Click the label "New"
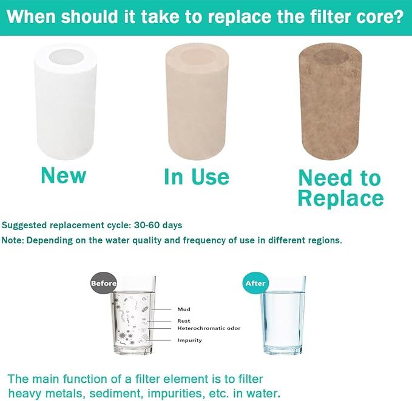tap(63, 175)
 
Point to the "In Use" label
tap(197, 177)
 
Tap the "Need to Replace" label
tap(340, 188)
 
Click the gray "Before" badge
tap(103, 283)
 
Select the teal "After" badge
tap(254, 283)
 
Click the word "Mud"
tap(184, 309)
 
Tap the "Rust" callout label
tap(184, 321)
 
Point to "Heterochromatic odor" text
tap(209, 328)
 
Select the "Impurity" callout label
tap(189, 340)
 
